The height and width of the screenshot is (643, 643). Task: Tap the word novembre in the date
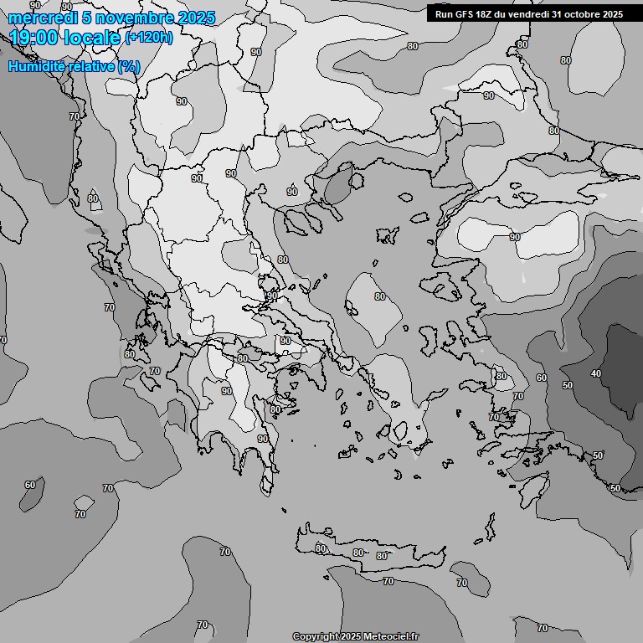(126, 18)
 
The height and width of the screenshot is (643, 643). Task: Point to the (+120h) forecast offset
(148, 38)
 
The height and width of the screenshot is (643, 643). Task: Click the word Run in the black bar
(444, 14)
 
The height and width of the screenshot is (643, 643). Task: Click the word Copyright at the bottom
(315, 637)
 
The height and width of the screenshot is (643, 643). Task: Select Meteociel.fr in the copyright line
(390, 637)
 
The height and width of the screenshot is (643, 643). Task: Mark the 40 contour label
(596, 373)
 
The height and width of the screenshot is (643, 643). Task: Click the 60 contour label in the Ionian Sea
(30, 485)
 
